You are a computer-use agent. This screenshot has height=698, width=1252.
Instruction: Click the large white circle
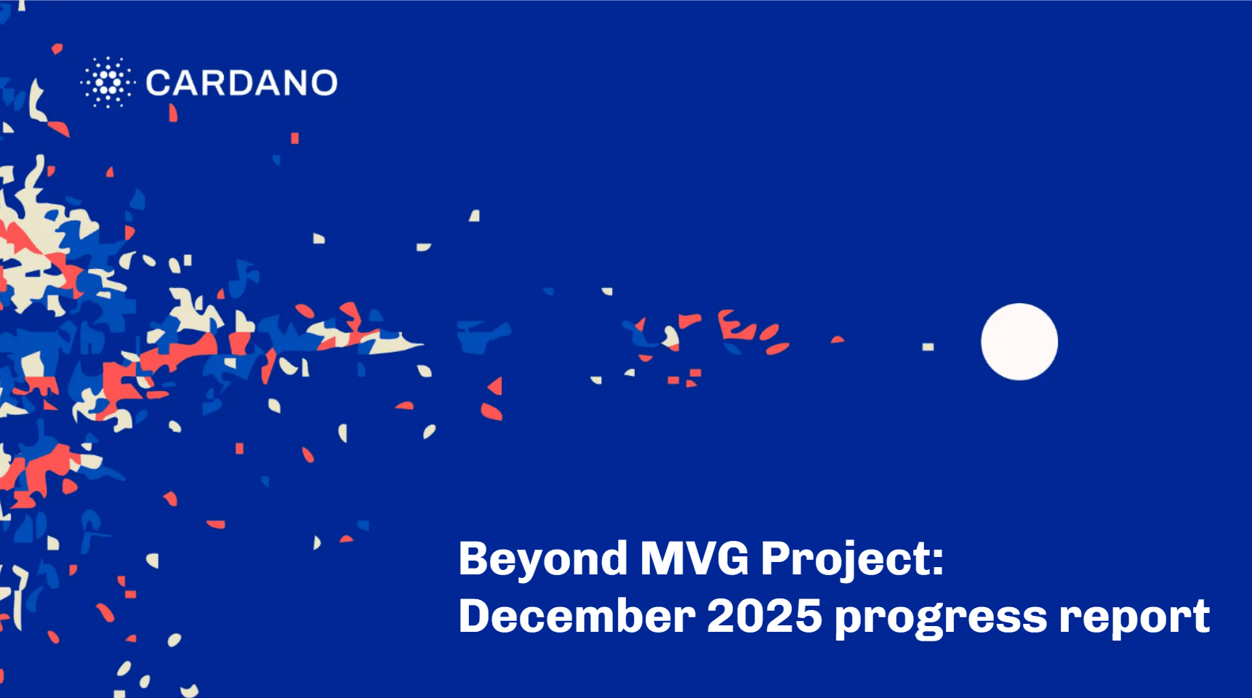pyautogui.click(x=1019, y=342)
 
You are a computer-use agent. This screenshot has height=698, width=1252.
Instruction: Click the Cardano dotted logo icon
pyautogui.click(x=108, y=82)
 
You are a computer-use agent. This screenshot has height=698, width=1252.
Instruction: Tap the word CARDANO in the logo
pyautogui.click(x=241, y=83)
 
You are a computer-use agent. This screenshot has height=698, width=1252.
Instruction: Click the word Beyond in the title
pyautogui.click(x=542, y=560)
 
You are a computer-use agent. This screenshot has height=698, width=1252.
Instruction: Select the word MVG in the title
pyautogui.click(x=694, y=560)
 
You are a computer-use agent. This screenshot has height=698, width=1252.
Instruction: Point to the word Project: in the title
pyautogui.click(x=851, y=560)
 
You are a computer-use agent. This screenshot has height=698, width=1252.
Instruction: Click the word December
pyautogui.click(x=577, y=617)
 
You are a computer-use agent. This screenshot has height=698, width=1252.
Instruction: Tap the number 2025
pyautogui.click(x=764, y=617)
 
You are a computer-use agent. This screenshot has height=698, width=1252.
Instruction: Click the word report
pyautogui.click(x=1134, y=618)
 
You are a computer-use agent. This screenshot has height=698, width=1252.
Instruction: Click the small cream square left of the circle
pyautogui.click(x=928, y=347)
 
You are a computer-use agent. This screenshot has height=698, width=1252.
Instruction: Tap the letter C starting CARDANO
pyautogui.click(x=158, y=83)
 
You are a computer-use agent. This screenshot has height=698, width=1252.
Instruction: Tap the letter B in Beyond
pyautogui.click(x=473, y=559)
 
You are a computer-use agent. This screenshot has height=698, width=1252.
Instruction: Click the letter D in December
pyautogui.click(x=475, y=616)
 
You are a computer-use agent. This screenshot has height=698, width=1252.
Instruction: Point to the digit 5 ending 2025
pyautogui.click(x=808, y=617)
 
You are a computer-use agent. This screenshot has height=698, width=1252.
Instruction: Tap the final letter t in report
pyautogui.click(x=1200, y=617)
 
